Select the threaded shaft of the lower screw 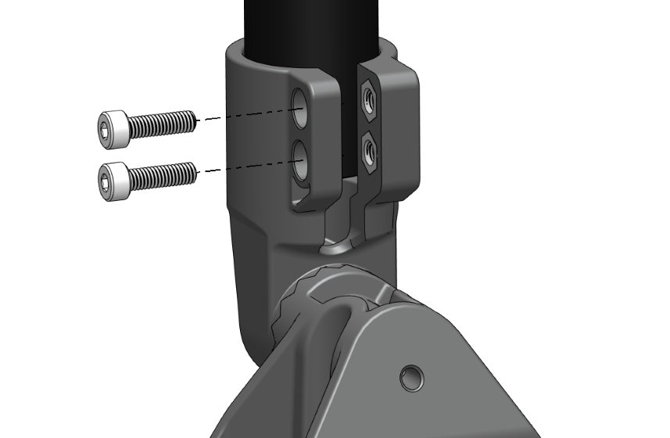[161, 174]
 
